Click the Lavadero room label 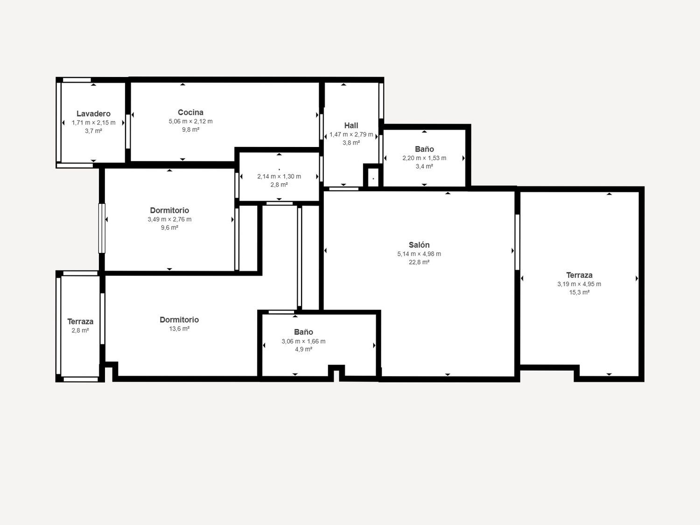[93, 113]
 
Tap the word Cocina [190, 112]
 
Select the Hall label [351, 125]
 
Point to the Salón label [419, 245]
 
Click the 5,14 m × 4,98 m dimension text [419, 254]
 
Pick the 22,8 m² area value [419, 262]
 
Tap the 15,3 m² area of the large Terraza [579, 292]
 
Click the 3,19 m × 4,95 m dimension [579, 284]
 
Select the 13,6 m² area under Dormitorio [179, 329]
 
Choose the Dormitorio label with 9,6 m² [169, 210]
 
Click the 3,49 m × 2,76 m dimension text [169, 219]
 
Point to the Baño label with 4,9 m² [303, 332]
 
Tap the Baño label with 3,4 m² [424, 149]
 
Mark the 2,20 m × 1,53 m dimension [424, 158]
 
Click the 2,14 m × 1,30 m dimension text [279, 176]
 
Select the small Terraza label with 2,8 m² [80, 322]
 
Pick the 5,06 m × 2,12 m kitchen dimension [190, 121]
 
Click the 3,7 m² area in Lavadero [93, 131]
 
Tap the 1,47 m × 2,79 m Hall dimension [351, 134]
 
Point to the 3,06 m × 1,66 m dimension [303, 341]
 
